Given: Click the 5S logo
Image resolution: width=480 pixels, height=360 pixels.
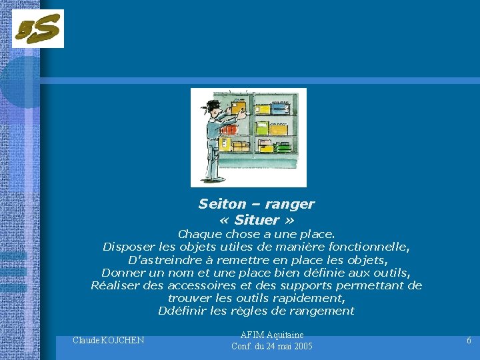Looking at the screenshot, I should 38,29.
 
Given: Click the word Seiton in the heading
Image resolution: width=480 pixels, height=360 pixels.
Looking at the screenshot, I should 220,204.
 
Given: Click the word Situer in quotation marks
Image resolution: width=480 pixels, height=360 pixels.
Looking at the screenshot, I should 257,220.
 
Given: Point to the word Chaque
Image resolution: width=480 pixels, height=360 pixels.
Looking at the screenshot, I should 199,234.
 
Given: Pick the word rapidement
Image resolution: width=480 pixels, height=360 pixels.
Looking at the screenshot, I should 311,298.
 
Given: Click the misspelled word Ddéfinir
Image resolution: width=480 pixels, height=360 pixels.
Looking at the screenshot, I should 181,311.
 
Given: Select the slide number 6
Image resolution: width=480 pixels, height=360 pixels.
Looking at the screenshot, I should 469,341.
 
